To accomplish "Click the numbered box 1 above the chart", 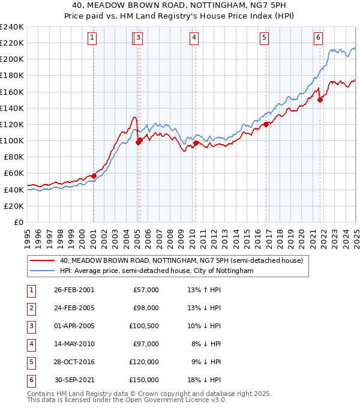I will (x=92, y=38).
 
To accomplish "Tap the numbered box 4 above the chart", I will (x=194, y=38).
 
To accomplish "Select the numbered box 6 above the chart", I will (x=317, y=38).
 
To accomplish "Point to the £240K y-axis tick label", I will (x=12, y=27).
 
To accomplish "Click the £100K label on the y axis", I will (x=12, y=140).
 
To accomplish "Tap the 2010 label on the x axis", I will (x=192, y=235).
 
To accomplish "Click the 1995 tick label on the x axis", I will (x=28, y=235).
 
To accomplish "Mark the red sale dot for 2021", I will (x=320, y=100).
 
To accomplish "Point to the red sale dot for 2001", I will (x=94, y=176).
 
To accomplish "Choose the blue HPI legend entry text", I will (x=157, y=271).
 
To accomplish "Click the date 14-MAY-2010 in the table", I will (x=74, y=344).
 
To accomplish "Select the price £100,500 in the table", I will (x=144, y=326).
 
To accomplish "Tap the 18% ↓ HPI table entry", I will (x=204, y=380).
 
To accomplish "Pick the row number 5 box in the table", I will (x=30, y=362).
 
